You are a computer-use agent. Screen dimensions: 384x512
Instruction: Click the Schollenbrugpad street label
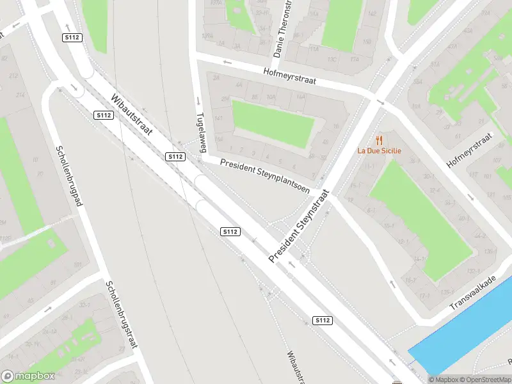tap(70, 175)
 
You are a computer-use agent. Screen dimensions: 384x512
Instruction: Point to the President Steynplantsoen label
tap(265, 175)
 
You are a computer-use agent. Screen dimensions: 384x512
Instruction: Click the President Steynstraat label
tap(298, 225)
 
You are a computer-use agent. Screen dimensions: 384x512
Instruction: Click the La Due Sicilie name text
tap(379, 151)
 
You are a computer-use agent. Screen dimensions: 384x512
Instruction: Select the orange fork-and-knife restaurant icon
tap(379, 140)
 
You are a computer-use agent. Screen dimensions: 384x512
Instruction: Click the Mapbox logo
tap(28, 376)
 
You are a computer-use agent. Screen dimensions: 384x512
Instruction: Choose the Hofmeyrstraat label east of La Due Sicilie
tap(471, 152)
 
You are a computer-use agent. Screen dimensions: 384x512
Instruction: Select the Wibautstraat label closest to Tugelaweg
tap(132, 115)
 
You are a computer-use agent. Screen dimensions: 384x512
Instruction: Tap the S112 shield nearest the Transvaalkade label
tap(323, 320)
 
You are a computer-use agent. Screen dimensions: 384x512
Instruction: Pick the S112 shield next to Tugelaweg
tap(175, 157)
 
